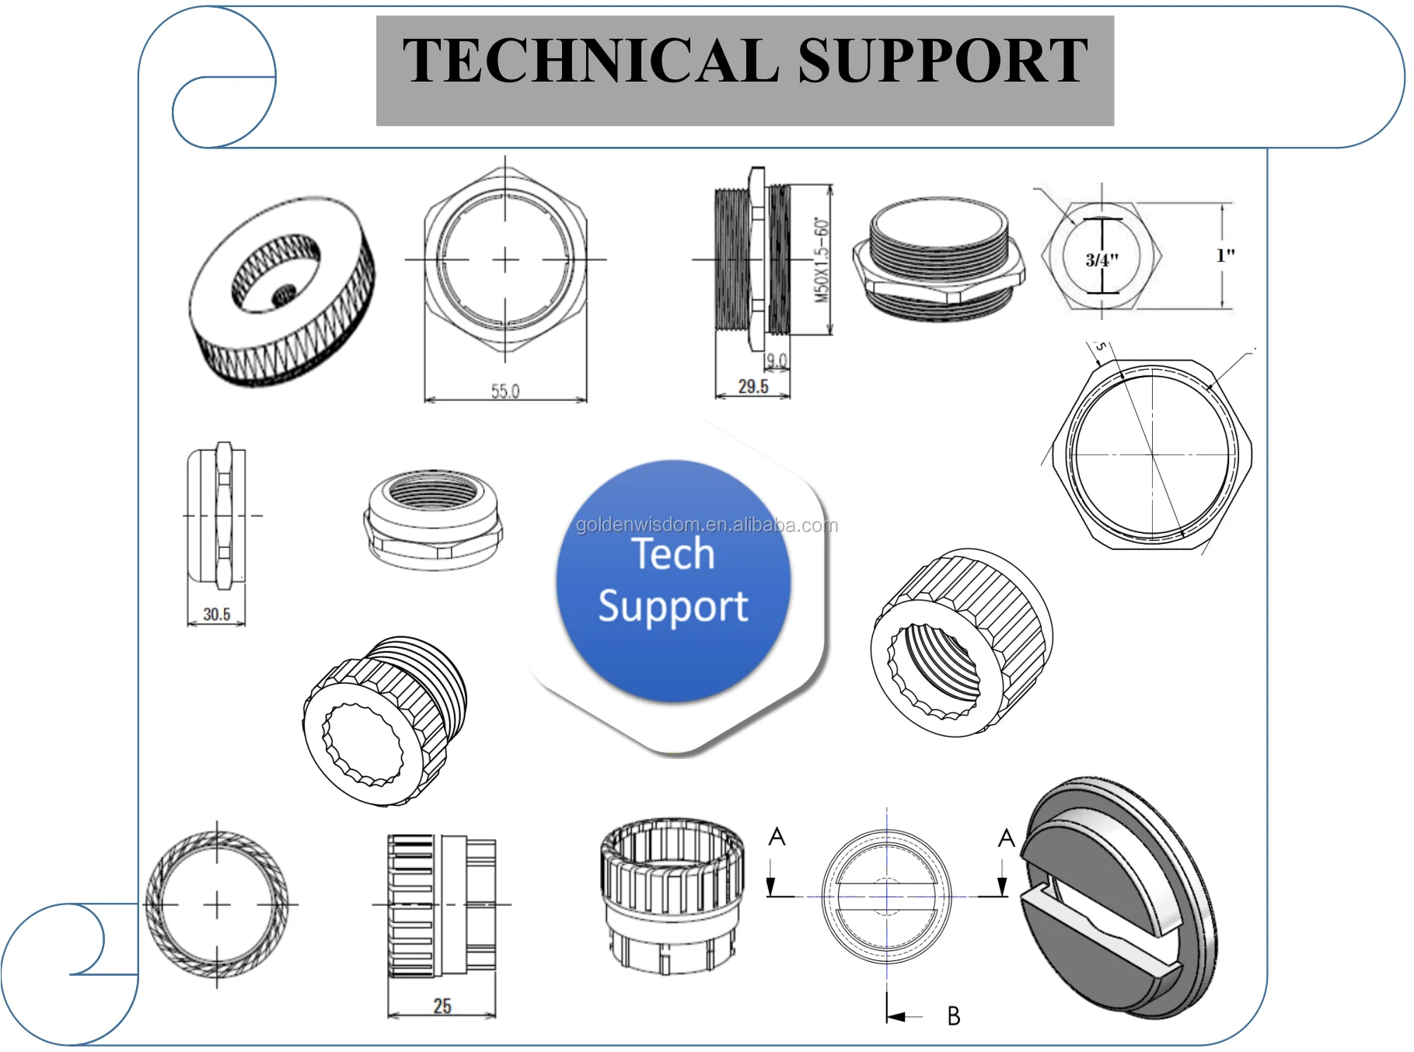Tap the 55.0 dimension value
(x=505, y=391)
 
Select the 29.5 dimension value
(x=753, y=386)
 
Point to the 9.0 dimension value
(x=777, y=361)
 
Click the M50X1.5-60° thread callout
(x=822, y=260)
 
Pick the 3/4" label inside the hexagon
(x=1102, y=260)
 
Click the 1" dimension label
(x=1225, y=255)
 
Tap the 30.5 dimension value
(x=217, y=614)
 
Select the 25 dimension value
(x=442, y=1006)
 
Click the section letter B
(x=954, y=1015)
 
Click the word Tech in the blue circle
(x=673, y=553)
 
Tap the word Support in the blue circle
(x=673, y=607)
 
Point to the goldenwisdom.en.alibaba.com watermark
(x=707, y=525)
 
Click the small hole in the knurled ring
(x=283, y=294)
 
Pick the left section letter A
(x=777, y=837)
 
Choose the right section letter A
(x=1007, y=838)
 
